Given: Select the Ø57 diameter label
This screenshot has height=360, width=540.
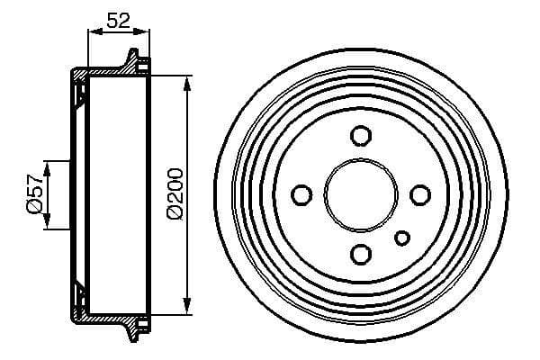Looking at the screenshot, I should point(33,194).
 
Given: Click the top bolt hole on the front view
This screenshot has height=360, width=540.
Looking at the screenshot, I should point(361,136).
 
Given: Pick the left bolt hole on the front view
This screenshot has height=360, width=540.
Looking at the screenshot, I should point(302,194).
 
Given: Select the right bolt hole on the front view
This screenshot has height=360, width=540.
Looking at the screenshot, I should point(419,194).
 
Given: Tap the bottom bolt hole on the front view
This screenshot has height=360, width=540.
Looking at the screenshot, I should point(361,253).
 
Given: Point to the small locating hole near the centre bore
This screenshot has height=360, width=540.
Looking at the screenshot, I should point(402,237).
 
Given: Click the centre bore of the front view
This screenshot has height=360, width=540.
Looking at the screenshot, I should point(361,194).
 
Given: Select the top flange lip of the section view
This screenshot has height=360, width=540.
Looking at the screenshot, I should point(136,61).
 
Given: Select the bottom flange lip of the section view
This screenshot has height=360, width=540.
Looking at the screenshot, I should point(136,326).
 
